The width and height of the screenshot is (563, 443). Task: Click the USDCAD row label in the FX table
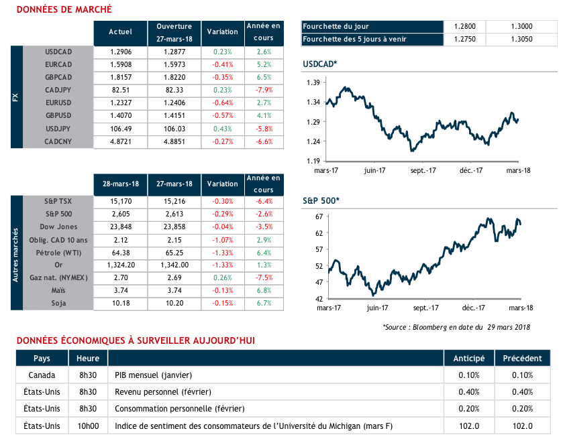point(58,52)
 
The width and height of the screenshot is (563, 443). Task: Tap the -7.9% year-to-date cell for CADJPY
point(264,90)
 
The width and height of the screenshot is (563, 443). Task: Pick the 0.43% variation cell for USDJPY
point(223,129)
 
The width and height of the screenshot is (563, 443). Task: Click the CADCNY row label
point(58,141)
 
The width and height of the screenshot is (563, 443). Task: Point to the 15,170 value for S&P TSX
point(121,202)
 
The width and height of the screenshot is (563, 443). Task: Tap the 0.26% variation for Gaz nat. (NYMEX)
point(223,278)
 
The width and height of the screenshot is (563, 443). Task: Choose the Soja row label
point(58,304)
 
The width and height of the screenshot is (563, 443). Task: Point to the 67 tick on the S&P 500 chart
point(319,216)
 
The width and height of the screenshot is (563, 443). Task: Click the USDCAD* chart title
point(320,64)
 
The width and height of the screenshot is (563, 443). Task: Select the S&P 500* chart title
point(321,200)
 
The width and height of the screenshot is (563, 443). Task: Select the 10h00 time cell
point(89,426)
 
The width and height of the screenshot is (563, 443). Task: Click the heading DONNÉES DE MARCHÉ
point(64,10)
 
